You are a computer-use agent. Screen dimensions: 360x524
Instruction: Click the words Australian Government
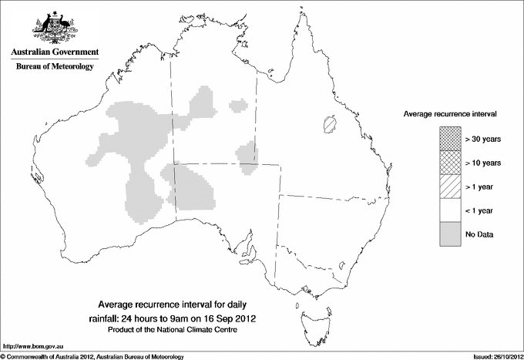click(x=55, y=52)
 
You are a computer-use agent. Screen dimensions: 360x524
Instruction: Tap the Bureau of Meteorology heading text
click(x=55, y=67)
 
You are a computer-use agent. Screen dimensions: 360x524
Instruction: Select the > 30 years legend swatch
click(x=451, y=139)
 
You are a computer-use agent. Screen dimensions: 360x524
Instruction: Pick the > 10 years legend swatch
click(x=451, y=163)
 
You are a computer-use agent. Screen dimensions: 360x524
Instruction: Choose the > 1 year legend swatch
click(x=451, y=187)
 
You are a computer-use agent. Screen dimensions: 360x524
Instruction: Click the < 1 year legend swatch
click(x=451, y=210)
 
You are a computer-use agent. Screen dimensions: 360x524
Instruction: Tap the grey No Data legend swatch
click(x=451, y=234)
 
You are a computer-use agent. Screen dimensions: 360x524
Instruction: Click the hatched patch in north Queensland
click(x=331, y=123)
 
